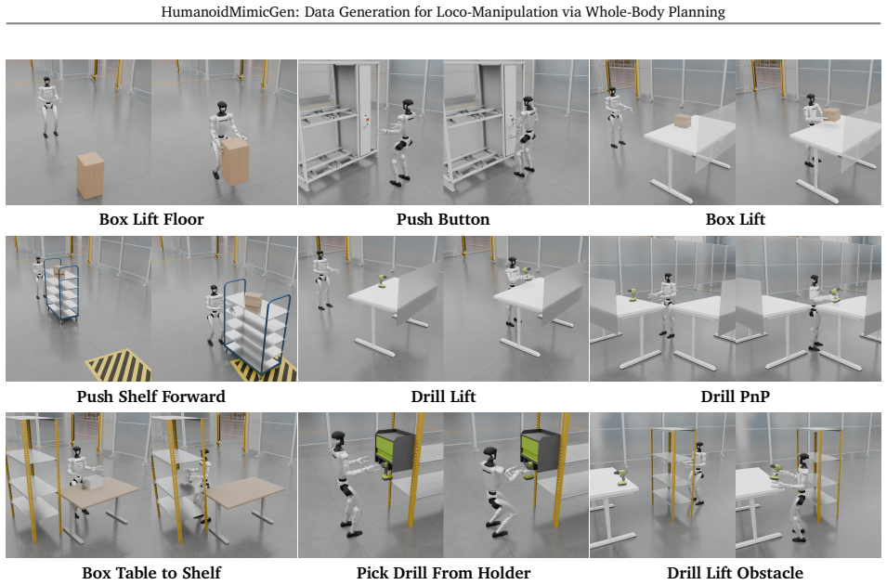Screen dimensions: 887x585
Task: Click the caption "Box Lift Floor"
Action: point(151,219)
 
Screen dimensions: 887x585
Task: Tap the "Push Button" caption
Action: point(443,219)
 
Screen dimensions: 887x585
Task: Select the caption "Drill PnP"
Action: point(735,396)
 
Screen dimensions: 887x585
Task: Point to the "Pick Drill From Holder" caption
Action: point(443,573)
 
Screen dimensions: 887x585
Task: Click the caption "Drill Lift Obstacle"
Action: point(735,573)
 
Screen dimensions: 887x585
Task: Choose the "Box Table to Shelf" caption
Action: point(151,573)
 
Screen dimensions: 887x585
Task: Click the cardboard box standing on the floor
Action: point(90,175)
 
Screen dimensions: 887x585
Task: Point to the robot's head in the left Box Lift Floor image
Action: point(47,82)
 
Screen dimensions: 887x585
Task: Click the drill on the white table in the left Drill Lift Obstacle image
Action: point(621,476)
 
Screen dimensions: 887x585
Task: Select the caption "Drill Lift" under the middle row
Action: point(443,396)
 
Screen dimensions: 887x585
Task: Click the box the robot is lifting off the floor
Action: point(235,162)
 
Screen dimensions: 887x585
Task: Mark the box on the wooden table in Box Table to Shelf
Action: point(93,483)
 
